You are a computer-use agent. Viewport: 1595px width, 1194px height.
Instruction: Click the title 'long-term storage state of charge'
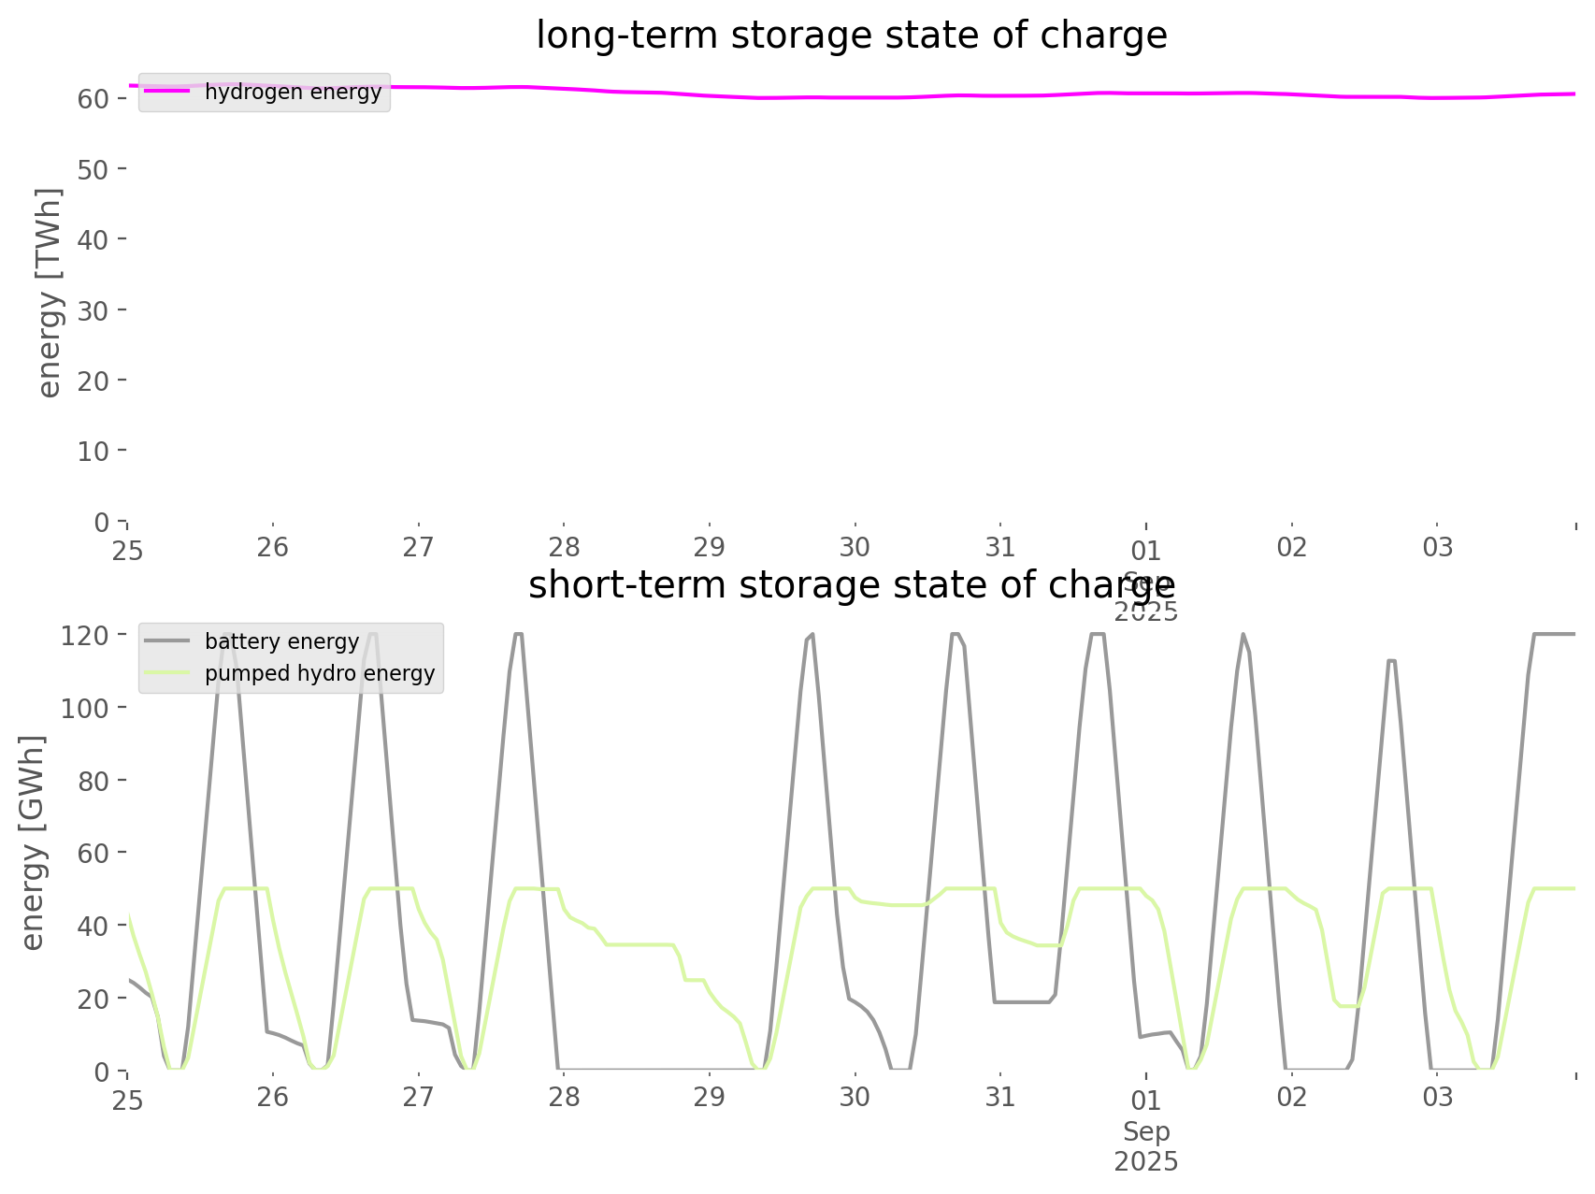pos(851,36)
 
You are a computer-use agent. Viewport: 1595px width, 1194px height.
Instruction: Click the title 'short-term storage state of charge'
pos(851,585)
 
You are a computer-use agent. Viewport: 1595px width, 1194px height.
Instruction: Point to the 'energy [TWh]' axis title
pos(50,293)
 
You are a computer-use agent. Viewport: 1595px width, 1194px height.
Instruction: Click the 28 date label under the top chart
pos(564,547)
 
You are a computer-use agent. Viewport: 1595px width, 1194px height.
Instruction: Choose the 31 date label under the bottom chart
pos(1000,1097)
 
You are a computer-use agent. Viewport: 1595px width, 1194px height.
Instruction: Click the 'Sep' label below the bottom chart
pos(1146,1131)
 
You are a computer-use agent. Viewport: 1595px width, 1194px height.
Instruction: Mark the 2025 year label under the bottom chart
pos(1146,1161)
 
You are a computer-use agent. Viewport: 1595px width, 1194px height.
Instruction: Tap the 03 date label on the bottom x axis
pos(1438,1097)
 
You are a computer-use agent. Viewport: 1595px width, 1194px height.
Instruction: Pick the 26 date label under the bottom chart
pos(273,1097)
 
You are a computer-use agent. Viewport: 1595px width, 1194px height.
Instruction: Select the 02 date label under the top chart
pos(1292,547)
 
